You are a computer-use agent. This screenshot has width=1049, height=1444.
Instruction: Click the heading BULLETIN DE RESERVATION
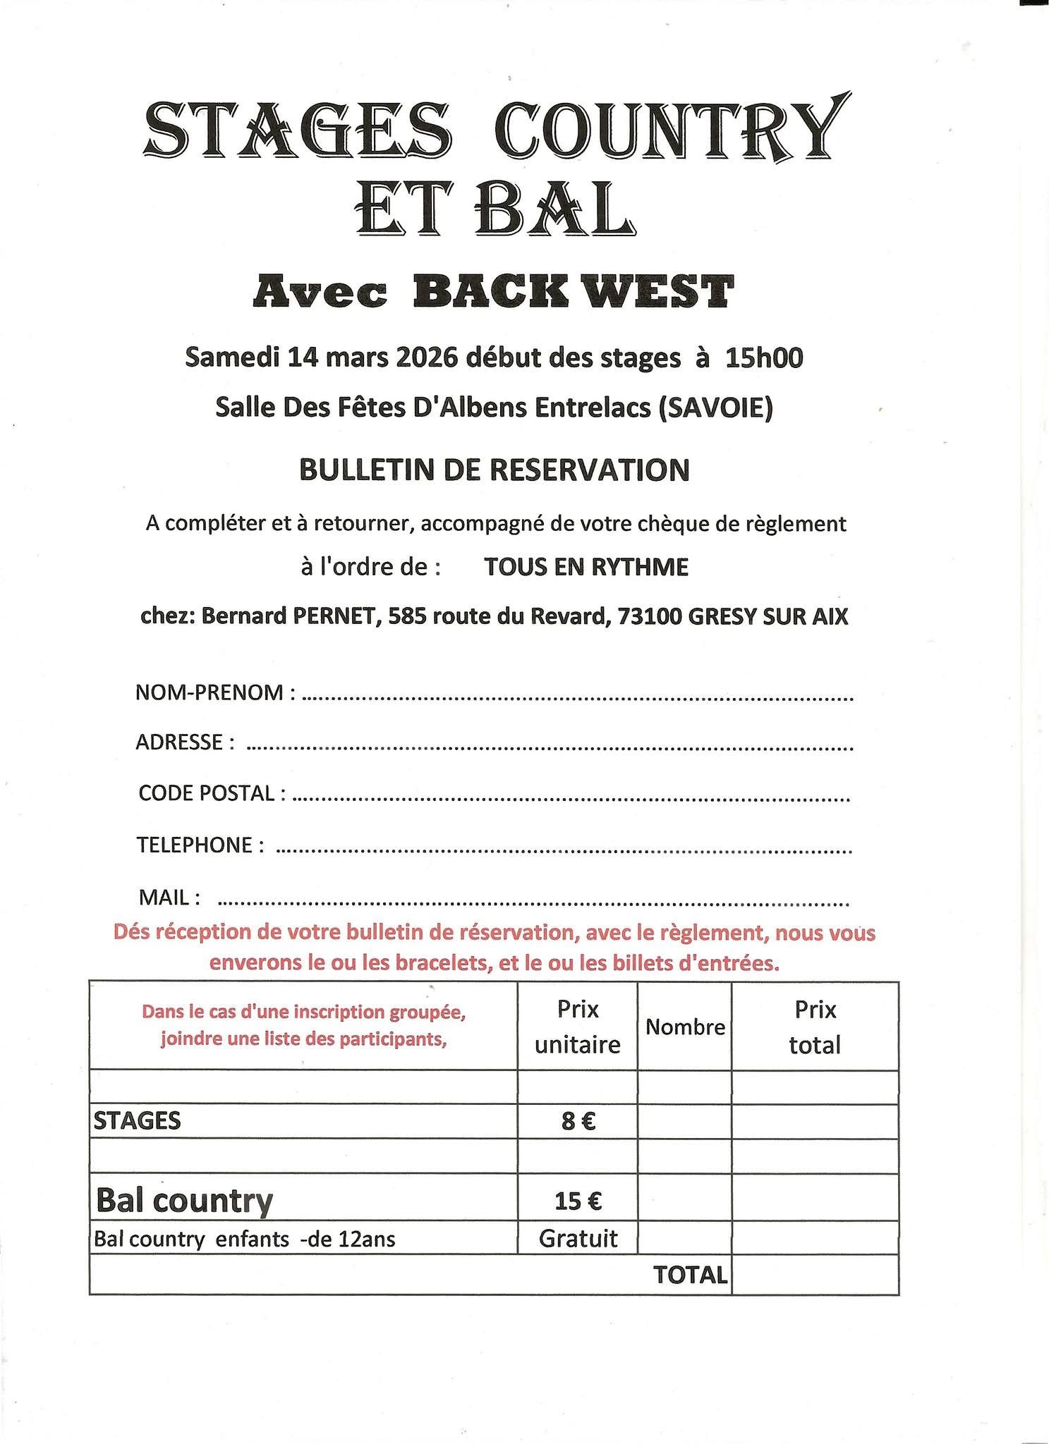[x=495, y=470]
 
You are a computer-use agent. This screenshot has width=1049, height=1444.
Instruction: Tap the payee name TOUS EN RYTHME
[x=586, y=567]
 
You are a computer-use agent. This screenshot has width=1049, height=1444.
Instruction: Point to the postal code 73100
[x=649, y=617]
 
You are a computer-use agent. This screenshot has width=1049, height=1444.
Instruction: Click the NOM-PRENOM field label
[x=210, y=692]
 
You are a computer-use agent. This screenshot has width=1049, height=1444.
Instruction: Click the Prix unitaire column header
[x=577, y=1027]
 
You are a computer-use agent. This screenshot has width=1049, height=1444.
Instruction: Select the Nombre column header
[x=685, y=1027]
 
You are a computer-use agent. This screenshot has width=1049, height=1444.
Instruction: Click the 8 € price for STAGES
[x=578, y=1121]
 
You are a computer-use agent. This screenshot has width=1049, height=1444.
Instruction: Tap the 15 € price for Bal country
[x=578, y=1200]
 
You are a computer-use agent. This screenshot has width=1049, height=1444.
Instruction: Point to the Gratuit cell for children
[x=578, y=1238]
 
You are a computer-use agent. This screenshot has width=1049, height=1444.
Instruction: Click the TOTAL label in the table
[x=690, y=1275]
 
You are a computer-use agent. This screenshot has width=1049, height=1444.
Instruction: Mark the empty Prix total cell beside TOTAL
[x=815, y=1275]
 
